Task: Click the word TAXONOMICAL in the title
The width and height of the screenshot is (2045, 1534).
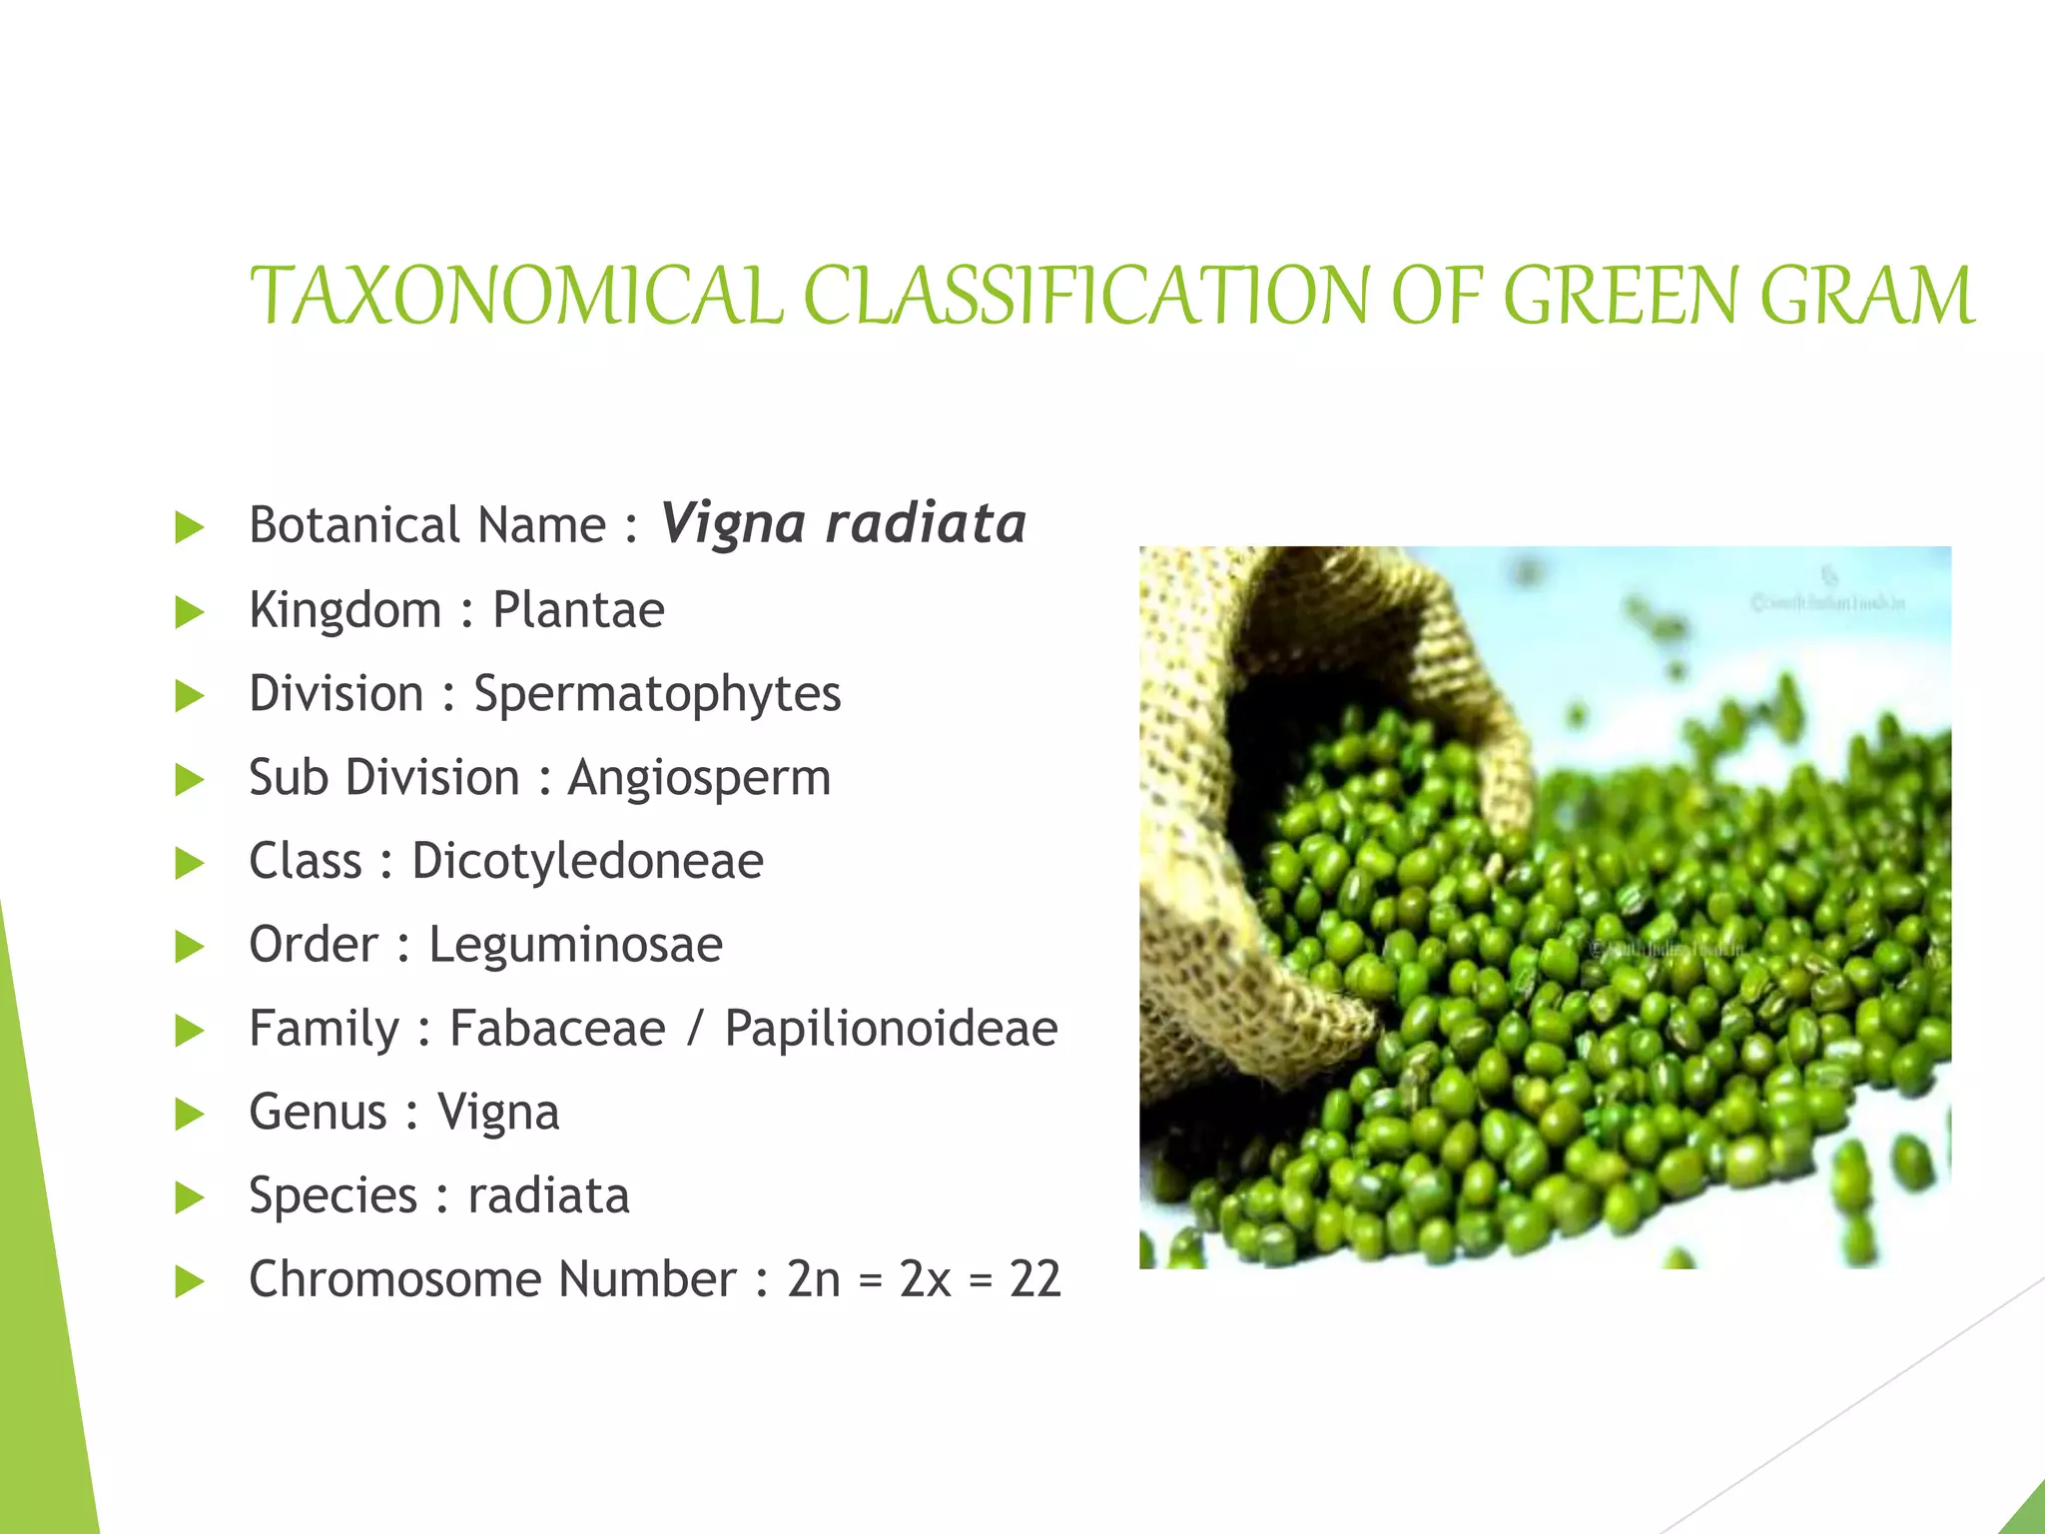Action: pos(515,297)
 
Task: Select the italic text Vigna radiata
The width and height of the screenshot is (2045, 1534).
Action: pos(843,523)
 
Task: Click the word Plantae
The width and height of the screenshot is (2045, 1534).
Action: pos(578,609)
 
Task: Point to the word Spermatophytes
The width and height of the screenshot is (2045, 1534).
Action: pos(657,695)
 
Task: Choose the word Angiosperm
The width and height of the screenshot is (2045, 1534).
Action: pos(699,778)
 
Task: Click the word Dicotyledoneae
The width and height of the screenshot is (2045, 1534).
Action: pos(587,861)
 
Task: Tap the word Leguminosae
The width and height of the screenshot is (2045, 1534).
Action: pos(575,945)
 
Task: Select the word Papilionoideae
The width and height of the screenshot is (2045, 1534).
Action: pos(891,1029)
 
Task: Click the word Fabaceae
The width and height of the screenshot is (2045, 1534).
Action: pos(557,1029)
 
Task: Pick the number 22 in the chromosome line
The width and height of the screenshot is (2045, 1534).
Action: pos(1034,1279)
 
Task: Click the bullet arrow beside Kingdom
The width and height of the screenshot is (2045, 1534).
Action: pos(189,612)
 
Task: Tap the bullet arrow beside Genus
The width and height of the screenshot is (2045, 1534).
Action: pos(189,1114)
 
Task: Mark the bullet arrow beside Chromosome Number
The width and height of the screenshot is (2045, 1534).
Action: pos(189,1281)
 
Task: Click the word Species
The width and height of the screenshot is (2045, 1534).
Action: pos(333,1196)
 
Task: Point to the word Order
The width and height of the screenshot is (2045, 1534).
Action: pos(314,945)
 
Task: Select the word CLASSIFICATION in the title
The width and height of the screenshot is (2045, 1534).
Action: pos(1086,297)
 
